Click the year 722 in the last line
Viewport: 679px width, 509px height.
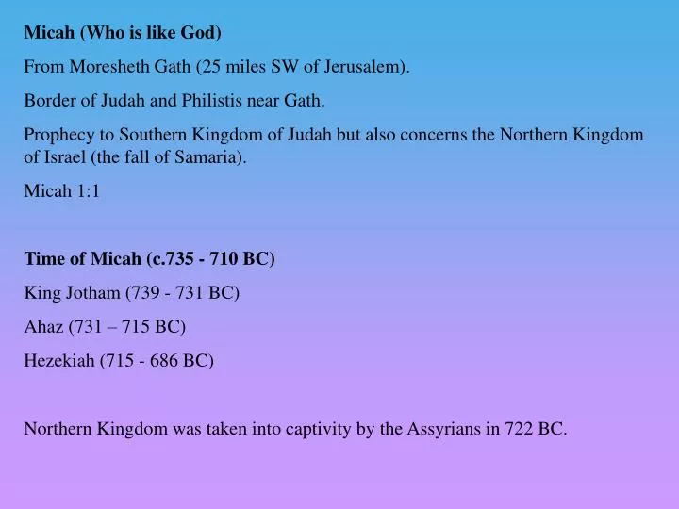coord(517,429)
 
